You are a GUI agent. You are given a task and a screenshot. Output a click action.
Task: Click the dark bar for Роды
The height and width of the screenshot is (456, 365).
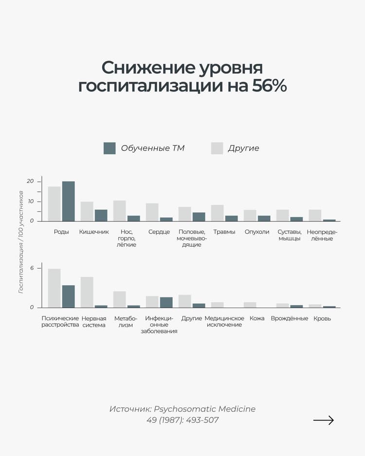(68, 201)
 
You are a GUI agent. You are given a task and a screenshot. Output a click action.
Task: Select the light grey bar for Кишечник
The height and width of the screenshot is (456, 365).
(87, 211)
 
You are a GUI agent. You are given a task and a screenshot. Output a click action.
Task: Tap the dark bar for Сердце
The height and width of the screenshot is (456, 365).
(166, 219)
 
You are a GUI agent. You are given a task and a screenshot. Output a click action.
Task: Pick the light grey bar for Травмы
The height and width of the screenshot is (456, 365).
(217, 213)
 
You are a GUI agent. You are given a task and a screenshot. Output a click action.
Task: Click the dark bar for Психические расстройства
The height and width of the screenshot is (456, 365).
(68, 296)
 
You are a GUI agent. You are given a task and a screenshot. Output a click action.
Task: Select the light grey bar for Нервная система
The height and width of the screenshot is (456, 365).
(87, 292)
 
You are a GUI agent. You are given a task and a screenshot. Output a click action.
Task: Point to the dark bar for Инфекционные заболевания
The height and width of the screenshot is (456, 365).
(166, 302)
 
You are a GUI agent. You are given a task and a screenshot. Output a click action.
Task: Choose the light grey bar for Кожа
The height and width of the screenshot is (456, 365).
(250, 305)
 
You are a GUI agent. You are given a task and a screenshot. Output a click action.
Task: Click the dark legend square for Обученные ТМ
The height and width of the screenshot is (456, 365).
(109, 148)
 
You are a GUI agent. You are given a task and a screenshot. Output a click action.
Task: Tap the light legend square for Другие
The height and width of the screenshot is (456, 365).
(217, 148)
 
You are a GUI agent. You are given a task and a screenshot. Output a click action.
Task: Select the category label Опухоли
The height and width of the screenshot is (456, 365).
(257, 232)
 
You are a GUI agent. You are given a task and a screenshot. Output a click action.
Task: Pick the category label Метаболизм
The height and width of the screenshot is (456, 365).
(126, 322)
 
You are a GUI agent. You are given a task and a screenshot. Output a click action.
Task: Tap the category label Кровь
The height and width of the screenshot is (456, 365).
(322, 319)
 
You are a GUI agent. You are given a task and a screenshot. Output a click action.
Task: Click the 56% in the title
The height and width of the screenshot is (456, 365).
(269, 86)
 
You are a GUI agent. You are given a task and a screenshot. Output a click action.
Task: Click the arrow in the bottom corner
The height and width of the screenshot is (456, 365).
(324, 420)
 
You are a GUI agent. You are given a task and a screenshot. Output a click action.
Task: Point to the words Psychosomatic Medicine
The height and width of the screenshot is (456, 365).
(204, 409)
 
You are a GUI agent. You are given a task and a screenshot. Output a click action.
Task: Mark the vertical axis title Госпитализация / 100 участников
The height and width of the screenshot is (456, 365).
(20, 242)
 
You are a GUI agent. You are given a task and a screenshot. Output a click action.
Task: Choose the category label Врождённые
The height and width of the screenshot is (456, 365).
(290, 318)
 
